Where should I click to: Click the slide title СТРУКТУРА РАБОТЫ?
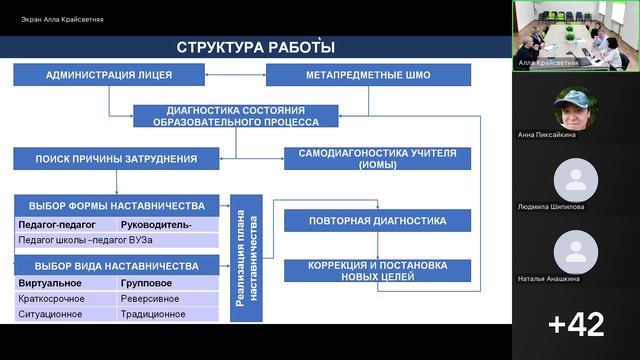[x=256, y=47]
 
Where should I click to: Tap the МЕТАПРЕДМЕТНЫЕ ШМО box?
[x=368, y=75]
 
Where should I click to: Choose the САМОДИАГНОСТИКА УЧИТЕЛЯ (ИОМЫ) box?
[x=377, y=158]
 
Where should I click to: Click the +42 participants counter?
[x=576, y=323]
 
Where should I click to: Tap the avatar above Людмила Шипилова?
[x=576, y=179]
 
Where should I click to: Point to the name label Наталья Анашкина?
[x=576, y=279]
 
